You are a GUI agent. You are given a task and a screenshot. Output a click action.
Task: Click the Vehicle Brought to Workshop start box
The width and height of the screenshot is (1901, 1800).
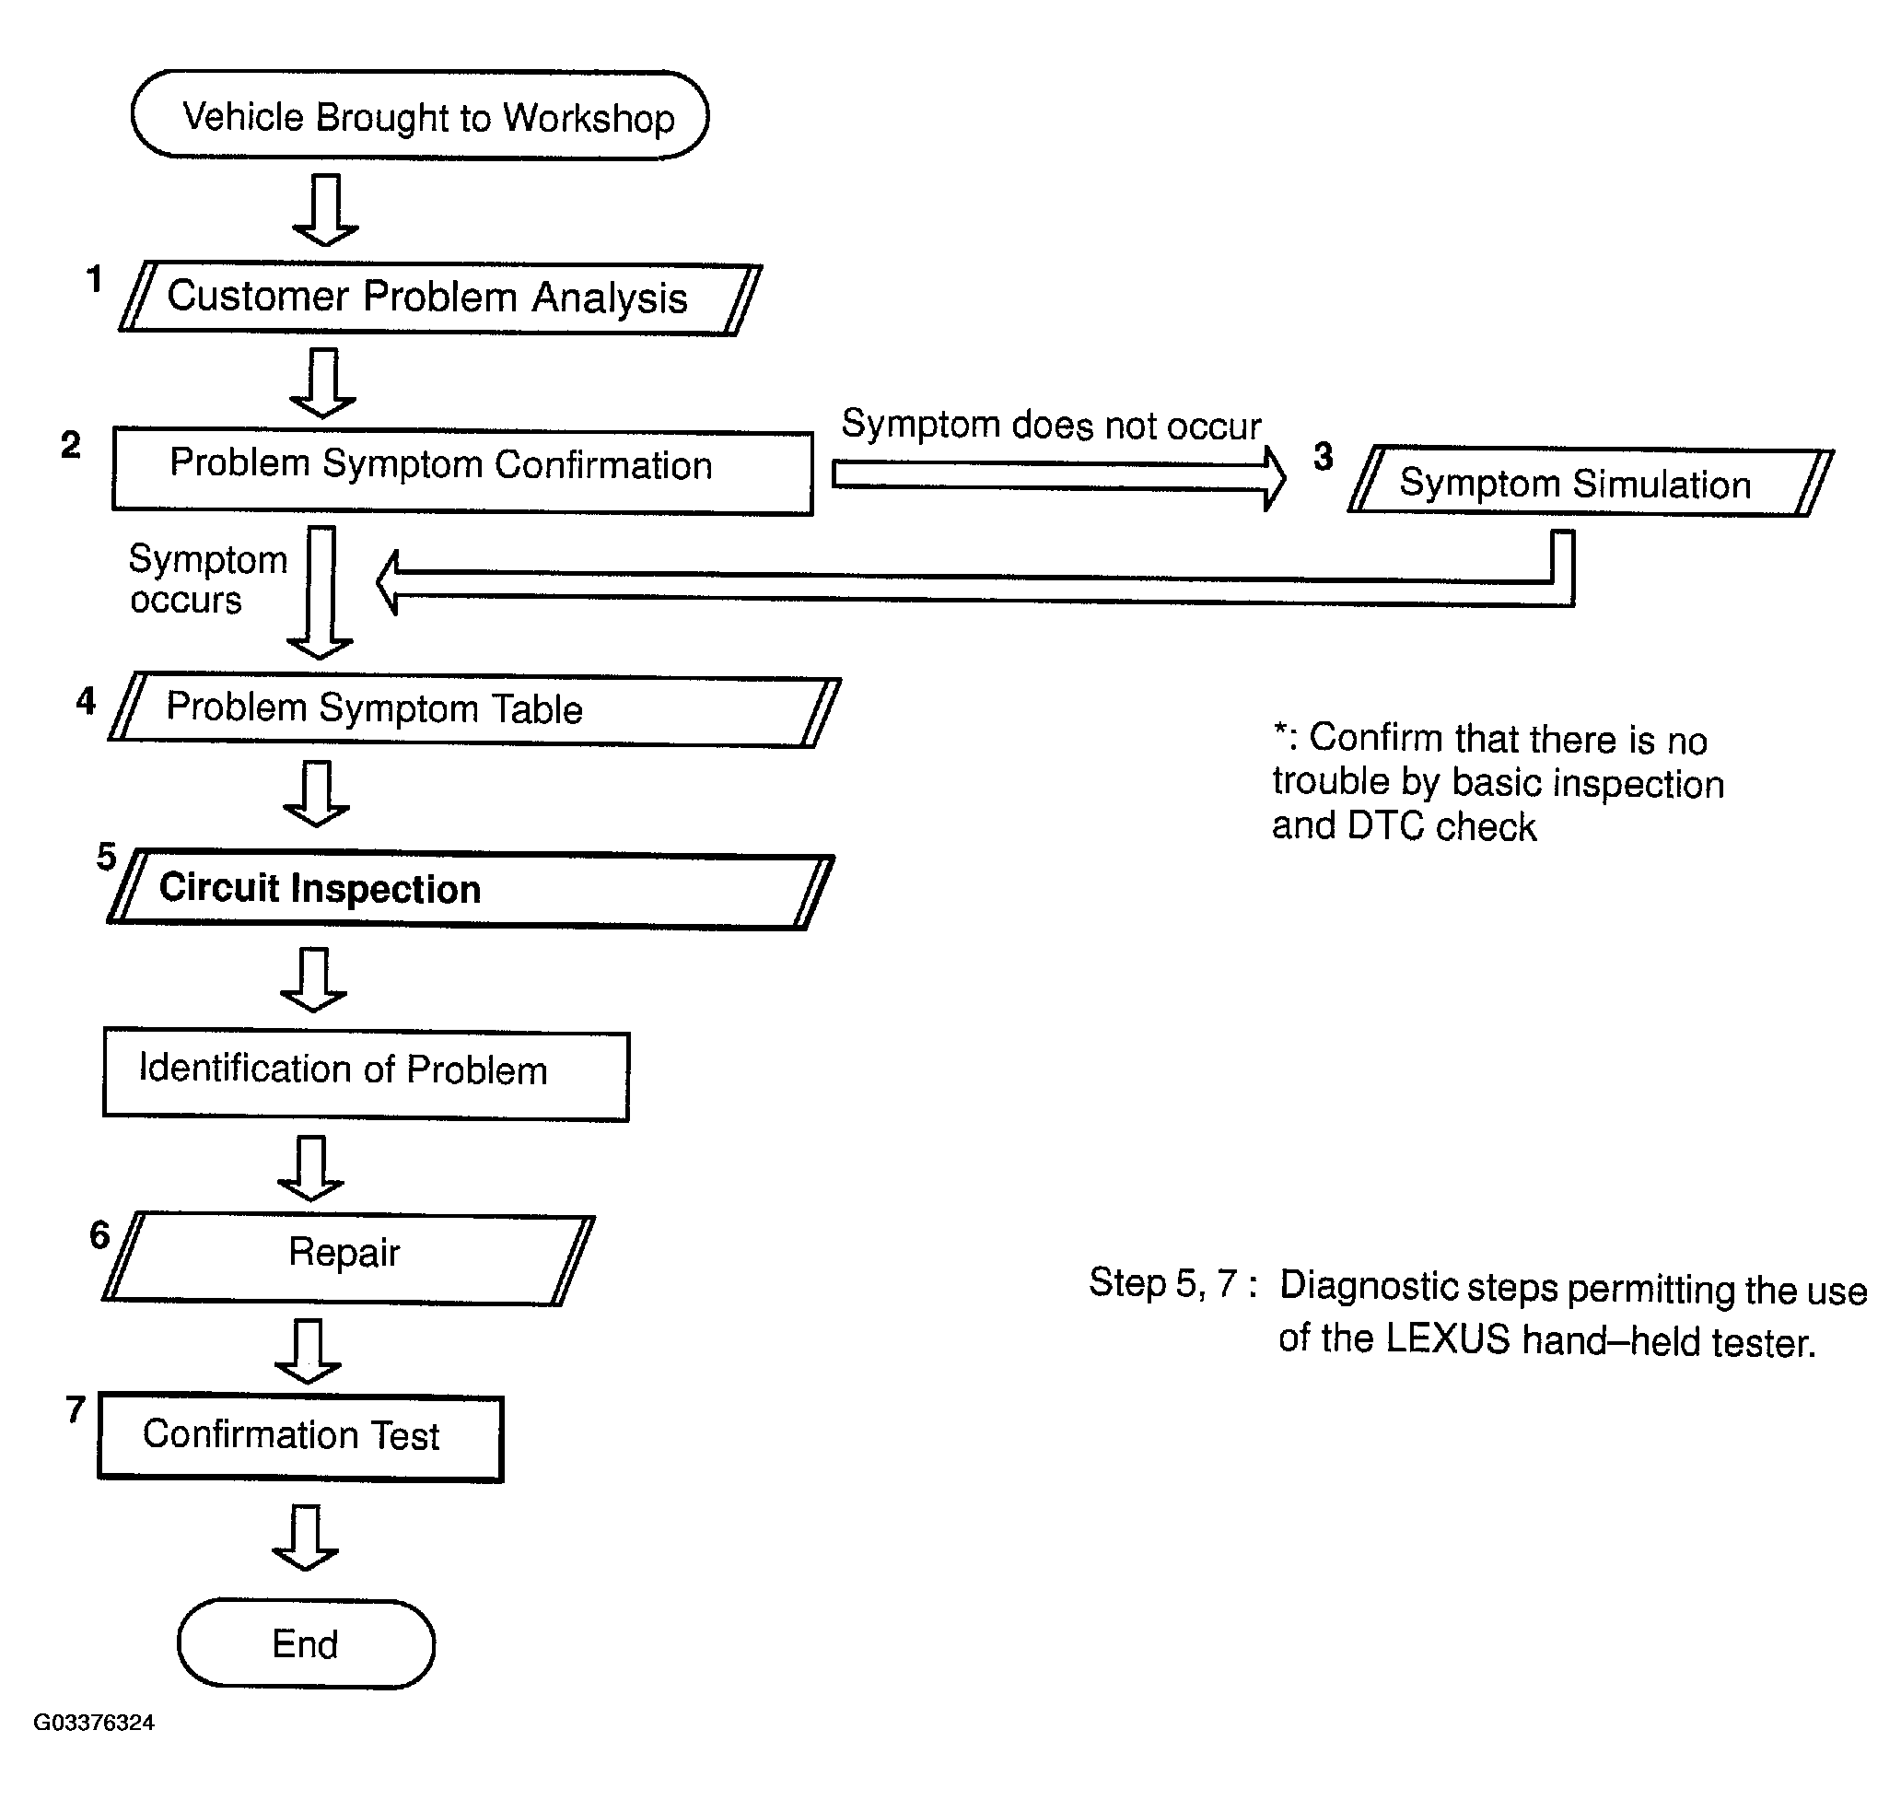click(x=419, y=115)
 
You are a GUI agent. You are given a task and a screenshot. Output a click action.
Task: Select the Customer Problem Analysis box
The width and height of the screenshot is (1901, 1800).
click(x=440, y=298)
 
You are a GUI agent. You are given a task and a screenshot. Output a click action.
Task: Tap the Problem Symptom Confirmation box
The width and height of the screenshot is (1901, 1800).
click(x=462, y=471)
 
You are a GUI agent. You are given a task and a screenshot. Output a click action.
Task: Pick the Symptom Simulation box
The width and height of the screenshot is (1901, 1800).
click(x=1591, y=482)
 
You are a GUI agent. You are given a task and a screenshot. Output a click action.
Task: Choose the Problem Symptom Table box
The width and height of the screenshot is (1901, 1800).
click(x=473, y=710)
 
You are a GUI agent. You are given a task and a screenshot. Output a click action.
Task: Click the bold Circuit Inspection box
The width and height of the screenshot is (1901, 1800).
click(x=470, y=890)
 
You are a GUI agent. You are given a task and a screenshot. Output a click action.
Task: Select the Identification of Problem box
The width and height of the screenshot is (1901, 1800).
click(x=366, y=1076)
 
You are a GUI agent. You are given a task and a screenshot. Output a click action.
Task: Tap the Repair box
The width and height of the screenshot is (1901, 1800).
click(x=348, y=1258)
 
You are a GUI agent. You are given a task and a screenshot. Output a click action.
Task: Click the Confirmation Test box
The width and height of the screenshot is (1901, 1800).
click(x=300, y=1437)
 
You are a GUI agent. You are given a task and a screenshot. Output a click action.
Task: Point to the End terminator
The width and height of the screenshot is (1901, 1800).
click(x=306, y=1644)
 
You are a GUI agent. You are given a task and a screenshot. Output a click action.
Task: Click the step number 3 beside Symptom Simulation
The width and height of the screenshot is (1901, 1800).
click(x=1323, y=457)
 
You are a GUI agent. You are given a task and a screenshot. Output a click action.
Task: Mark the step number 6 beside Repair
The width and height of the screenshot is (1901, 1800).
click(x=99, y=1235)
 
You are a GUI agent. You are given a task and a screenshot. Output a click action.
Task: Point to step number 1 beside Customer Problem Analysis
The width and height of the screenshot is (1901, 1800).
click(x=94, y=279)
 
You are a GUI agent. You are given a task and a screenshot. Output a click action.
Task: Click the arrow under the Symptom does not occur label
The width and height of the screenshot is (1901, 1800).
click(x=1059, y=477)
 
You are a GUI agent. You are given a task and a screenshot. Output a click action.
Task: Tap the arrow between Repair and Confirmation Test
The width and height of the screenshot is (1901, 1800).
click(x=307, y=1350)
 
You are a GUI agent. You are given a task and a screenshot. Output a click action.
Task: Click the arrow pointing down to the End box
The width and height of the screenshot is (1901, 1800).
click(x=305, y=1537)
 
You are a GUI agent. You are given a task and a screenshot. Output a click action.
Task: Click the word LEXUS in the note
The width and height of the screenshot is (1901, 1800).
click(x=1448, y=1339)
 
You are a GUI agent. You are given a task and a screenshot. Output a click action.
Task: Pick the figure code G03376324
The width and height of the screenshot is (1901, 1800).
click(x=94, y=1723)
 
